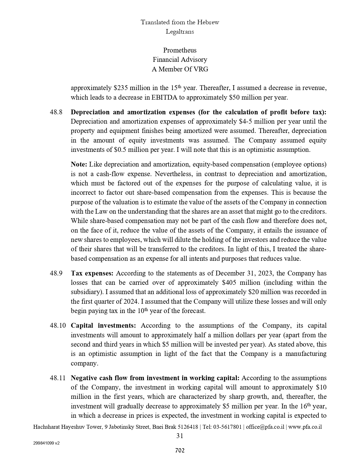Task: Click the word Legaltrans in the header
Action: coord(180,32)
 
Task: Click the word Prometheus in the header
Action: coord(180,50)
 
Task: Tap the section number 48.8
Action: coord(56,112)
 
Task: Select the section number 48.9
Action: coord(56,273)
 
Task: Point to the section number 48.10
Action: coord(58,325)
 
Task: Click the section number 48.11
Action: coord(58,378)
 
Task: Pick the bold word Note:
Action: coord(79,164)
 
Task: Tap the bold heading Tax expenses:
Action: coord(92,273)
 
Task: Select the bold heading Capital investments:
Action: coord(103,325)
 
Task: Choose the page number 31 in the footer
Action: coord(180,436)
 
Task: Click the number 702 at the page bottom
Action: coord(180,450)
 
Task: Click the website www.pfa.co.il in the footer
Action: coord(305,427)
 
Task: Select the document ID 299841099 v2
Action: coord(46,443)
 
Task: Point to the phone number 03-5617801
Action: coord(227,427)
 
